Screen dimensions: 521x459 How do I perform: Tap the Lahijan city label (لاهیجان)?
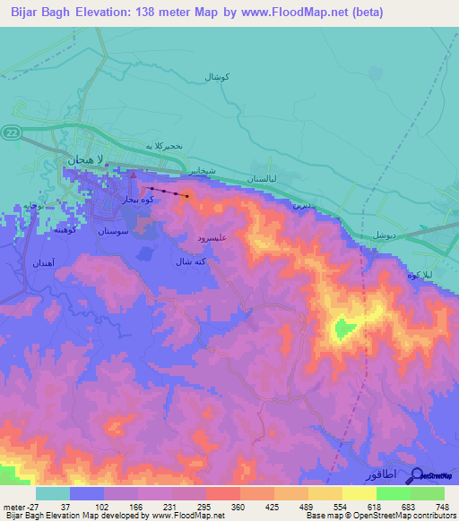click(86, 158)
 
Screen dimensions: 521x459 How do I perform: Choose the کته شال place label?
click(190, 261)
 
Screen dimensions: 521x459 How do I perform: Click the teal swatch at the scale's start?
click(52, 493)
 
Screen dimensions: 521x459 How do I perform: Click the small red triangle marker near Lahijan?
click(134, 176)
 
